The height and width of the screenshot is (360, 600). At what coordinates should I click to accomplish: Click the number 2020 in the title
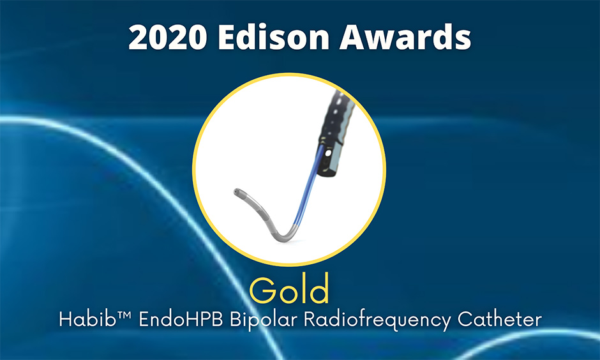(x=168, y=37)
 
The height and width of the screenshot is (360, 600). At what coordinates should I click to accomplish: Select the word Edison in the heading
(x=274, y=37)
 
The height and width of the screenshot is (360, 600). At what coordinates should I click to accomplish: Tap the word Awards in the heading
(x=405, y=37)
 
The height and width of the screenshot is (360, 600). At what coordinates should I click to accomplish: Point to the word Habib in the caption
(x=87, y=319)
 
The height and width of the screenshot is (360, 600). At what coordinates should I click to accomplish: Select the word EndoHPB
(x=181, y=319)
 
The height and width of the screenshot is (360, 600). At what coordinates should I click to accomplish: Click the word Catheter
(x=500, y=319)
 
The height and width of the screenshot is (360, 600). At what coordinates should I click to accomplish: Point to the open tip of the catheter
(x=236, y=191)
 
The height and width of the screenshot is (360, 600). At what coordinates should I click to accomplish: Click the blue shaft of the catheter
(x=308, y=184)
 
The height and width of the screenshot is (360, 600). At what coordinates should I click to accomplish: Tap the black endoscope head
(x=334, y=133)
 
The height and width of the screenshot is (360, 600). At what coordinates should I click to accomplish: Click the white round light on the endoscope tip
(x=327, y=154)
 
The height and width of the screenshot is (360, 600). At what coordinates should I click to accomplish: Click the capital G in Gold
(x=262, y=290)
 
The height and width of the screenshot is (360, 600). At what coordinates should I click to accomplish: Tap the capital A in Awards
(x=352, y=38)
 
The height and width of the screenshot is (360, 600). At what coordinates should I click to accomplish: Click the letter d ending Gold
(x=319, y=288)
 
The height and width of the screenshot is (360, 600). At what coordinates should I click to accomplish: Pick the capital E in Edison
(x=227, y=38)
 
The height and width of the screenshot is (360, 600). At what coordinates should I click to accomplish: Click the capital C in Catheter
(x=465, y=319)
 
